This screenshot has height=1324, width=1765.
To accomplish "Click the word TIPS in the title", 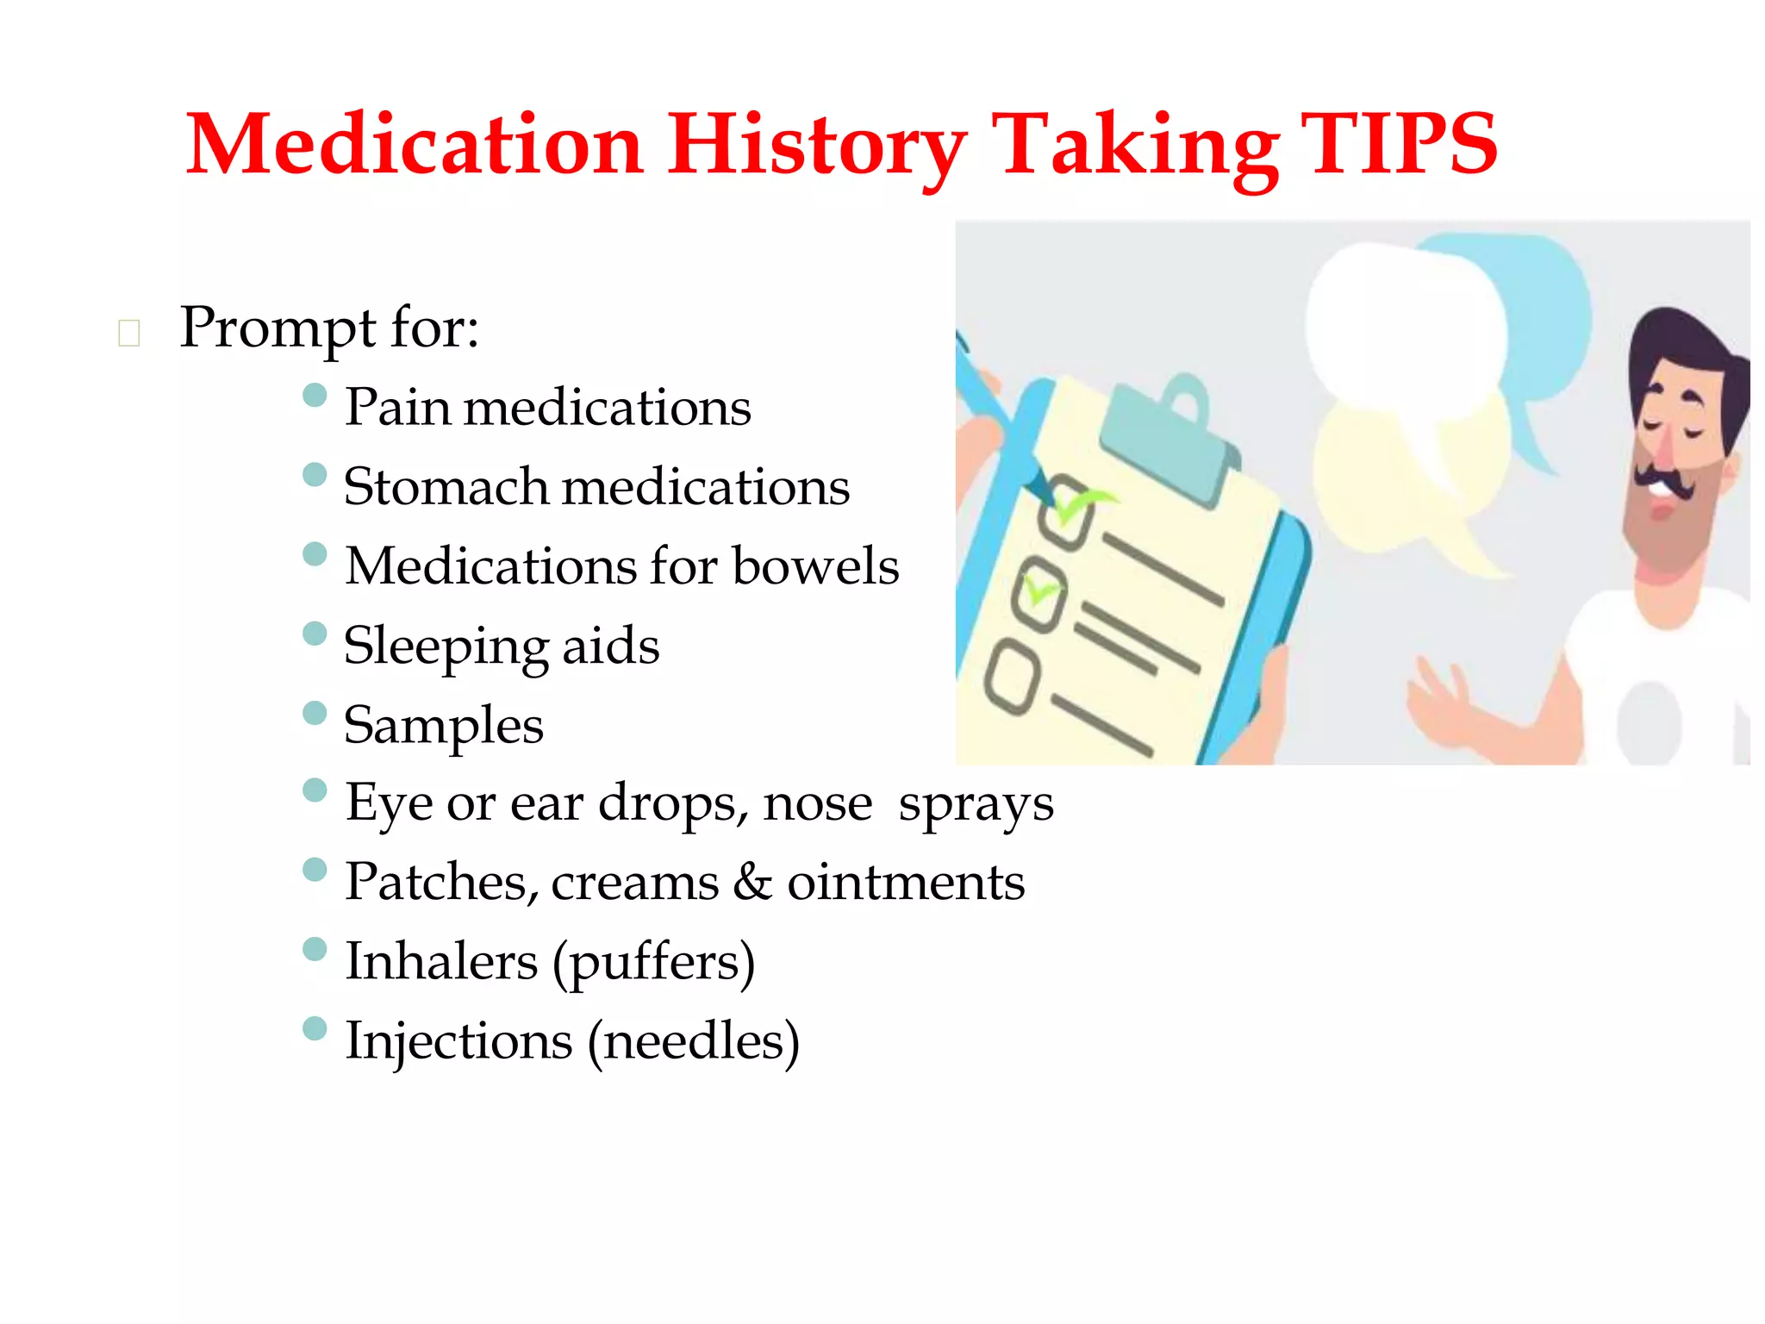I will point(1398,145).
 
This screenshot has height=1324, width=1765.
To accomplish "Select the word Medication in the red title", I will point(414,145).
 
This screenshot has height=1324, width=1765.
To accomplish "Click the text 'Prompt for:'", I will point(328,328).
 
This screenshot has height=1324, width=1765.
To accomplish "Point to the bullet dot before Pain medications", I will point(315,396).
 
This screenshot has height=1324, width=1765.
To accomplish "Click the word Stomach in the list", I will point(445,486).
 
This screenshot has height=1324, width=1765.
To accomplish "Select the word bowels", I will point(815,566).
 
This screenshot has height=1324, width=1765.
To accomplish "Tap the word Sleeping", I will point(445,646).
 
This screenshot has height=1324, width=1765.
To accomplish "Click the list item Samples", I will point(443,726).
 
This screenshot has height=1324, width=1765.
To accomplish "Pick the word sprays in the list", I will point(976,805).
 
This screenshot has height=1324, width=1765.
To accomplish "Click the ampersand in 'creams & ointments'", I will point(753,882).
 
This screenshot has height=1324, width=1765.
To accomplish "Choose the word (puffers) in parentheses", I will point(653,962).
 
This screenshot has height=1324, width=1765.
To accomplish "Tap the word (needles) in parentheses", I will point(693,1041).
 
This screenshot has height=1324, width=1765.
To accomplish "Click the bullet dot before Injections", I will point(315,1028).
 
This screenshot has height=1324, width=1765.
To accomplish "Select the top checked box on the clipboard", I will point(1067,515).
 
